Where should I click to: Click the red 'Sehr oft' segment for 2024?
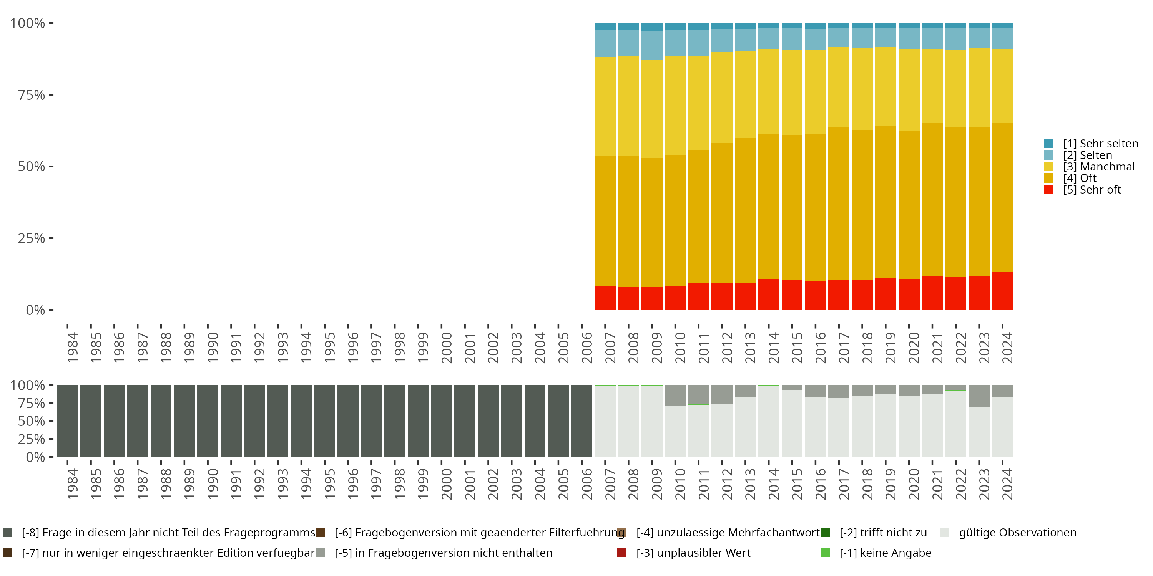(x=1002, y=291)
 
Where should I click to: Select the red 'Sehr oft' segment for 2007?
(x=605, y=298)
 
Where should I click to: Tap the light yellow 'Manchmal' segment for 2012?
(x=721, y=98)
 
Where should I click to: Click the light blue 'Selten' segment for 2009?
(x=652, y=46)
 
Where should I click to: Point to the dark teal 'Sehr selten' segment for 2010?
(x=675, y=27)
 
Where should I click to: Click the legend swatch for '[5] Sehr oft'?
(x=1048, y=190)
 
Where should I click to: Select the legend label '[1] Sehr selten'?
(x=1100, y=144)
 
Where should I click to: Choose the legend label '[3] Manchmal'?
(x=1099, y=167)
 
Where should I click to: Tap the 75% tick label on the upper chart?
(x=32, y=95)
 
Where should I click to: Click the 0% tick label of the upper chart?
(x=35, y=310)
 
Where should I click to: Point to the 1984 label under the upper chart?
(x=73, y=348)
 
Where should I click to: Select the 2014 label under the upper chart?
(x=773, y=348)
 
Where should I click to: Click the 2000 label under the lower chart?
(x=446, y=484)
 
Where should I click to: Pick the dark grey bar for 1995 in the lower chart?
(x=324, y=421)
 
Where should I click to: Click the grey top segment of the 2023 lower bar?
(x=979, y=396)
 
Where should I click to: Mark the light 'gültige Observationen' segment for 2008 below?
(x=628, y=421)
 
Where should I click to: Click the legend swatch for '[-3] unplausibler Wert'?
(x=622, y=553)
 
